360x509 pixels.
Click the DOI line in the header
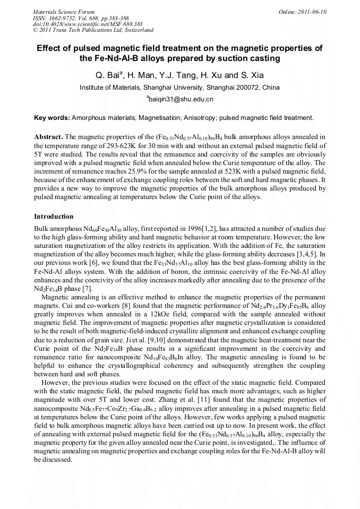(x=80, y=24)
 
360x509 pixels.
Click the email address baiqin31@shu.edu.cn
(x=181, y=99)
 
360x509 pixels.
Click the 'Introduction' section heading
(x=54, y=217)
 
